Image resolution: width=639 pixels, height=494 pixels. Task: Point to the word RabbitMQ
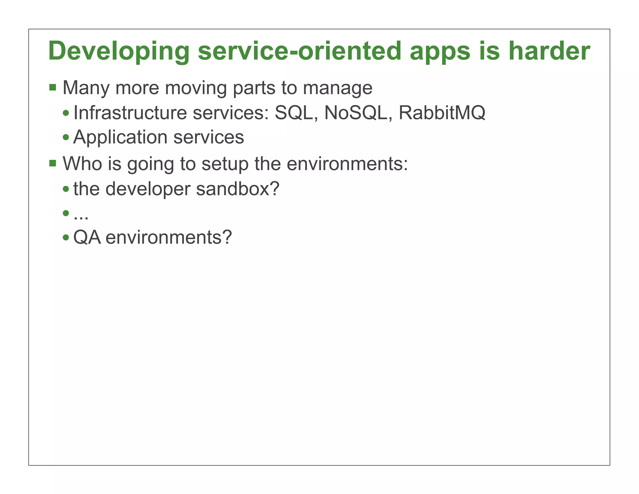click(442, 113)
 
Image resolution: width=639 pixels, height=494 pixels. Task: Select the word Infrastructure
click(130, 113)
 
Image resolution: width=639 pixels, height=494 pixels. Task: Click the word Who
click(82, 163)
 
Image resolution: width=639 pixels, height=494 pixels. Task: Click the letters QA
click(87, 238)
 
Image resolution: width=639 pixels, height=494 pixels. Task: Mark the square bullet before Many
click(53, 87)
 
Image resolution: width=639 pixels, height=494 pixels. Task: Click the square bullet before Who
click(53, 163)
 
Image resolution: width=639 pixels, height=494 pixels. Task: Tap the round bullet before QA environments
click(66, 238)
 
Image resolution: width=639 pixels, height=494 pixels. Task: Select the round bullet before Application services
click(66, 137)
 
